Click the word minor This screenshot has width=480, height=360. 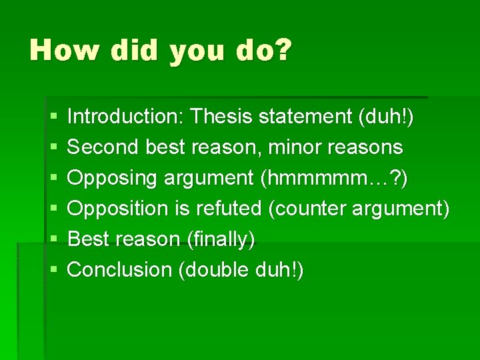tap(287, 147)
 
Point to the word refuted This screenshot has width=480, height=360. tap(227, 209)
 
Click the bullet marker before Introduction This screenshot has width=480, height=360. tap(53, 117)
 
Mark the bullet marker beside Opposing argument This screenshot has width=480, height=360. tap(53, 179)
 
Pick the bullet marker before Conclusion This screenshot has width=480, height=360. tap(53, 271)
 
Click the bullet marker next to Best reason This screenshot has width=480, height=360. tap(53, 240)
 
